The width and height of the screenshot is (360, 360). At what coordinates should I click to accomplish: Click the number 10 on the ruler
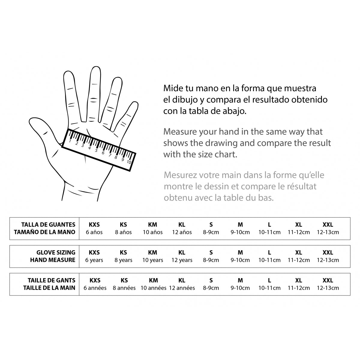click(129, 162)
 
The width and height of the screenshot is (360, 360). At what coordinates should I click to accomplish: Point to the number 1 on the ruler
click(70, 141)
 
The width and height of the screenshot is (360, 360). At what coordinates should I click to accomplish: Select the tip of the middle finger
click(96, 70)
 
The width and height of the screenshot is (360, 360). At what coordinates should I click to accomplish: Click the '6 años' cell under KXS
click(94, 232)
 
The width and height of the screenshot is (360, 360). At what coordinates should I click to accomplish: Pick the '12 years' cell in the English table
click(182, 260)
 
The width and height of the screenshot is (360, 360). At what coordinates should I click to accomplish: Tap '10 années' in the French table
click(153, 288)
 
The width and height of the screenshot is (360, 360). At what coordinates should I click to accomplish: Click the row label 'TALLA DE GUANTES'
click(48, 224)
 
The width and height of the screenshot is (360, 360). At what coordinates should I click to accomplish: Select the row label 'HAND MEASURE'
click(52, 260)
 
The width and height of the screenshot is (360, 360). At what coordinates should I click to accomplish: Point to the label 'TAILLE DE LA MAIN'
click(49, 288)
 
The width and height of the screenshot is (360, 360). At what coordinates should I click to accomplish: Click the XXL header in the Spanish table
click(328, 224)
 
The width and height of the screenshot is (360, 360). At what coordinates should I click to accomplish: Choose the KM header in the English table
click(153, 252)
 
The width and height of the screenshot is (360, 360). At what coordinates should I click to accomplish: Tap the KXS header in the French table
click(95, 280)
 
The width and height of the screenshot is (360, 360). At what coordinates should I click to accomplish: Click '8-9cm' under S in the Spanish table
click(211, 232)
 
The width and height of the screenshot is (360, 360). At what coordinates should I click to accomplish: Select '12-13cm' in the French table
click(328, 288)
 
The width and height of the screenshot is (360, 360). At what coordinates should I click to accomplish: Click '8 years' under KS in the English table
click(123, 260)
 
